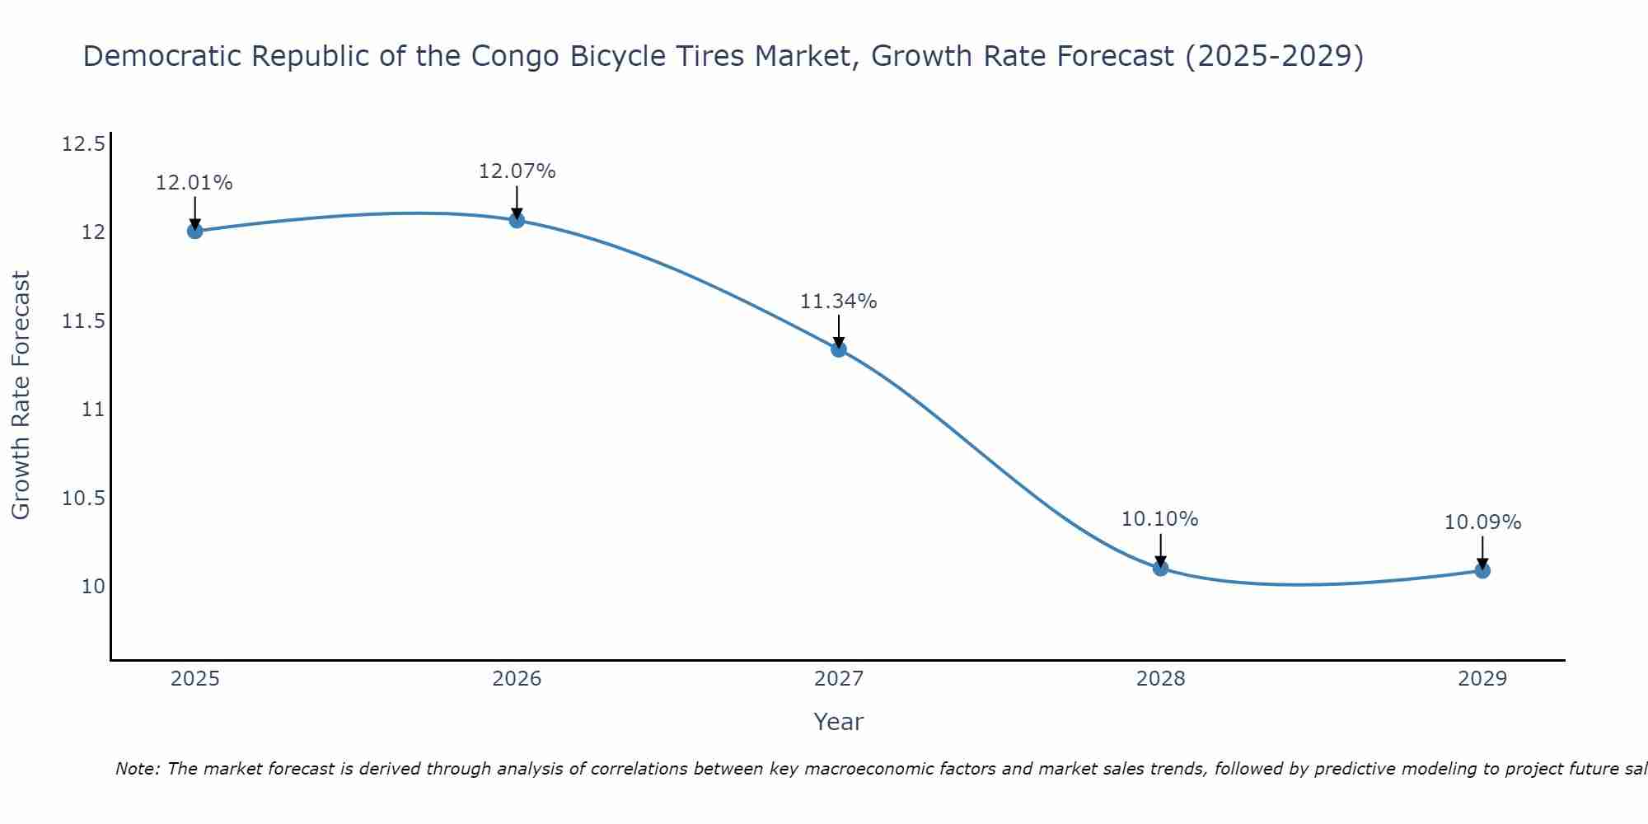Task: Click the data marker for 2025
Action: click(194, 231)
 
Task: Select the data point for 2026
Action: click(517, 220)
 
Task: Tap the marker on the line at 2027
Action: click(839, 349)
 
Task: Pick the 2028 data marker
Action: click(1160, 568)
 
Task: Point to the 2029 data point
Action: click(1482, 570)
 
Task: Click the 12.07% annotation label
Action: click(517, 171)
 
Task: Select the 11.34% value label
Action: click(839, 302)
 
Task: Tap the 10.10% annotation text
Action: click(1160, 519)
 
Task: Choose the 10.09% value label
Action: click(1482, 522)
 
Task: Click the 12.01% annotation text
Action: click(194, 183)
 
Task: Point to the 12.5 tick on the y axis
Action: click(83, 145)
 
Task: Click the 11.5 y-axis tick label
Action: click(83, 321)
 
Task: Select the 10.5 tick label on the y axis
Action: click(83, 499)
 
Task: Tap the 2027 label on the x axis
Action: click(839, 679)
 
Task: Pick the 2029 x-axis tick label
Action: click(1482, 679)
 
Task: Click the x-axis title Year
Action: click(839, 722)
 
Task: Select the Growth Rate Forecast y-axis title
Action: click(21, 396)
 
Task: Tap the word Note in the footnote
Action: click(138, 769)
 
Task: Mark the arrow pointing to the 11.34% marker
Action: click(839, 331)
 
